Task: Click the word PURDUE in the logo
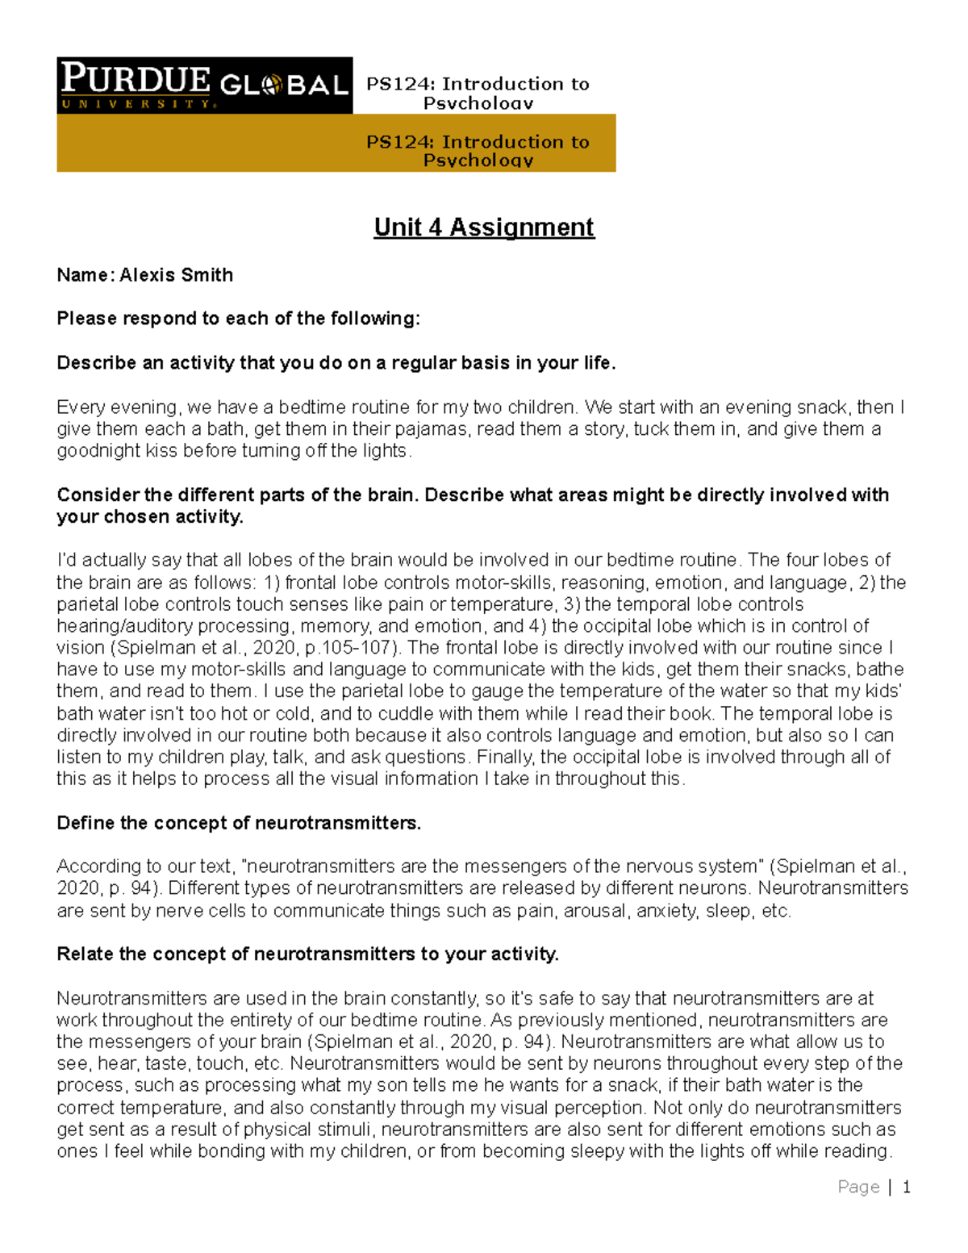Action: [136, 79]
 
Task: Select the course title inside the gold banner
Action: [478, 150]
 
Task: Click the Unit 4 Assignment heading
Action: [484, 228]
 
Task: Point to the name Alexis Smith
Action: [176, 275]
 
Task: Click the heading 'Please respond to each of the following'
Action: [238, 319]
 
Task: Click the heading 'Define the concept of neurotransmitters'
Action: [239, 823]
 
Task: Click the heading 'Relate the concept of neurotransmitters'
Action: [307, 954]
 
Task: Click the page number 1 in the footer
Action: [906, 1187]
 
